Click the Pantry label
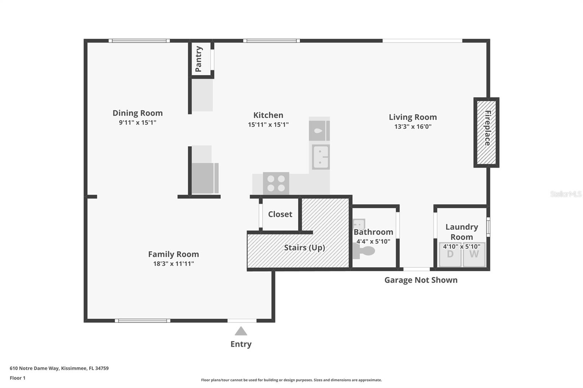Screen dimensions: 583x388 coord(199,59)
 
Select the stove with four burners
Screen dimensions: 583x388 coord(276,183)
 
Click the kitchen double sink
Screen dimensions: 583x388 coord(321,157)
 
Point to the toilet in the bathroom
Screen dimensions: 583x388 coord(364,251)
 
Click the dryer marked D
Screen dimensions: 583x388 coord(450,254)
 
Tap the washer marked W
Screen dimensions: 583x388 coord(474,254)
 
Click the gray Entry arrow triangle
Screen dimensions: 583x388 coord(241,331)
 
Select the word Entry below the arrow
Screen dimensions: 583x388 coord(241,344)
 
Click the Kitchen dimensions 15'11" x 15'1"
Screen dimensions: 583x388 coord(268,124)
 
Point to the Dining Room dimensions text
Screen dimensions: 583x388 coord(138,123)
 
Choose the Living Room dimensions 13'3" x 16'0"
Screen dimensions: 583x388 coord(413,127)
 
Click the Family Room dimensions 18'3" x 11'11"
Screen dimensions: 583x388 coord(173,264)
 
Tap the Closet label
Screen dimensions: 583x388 coord(280,214)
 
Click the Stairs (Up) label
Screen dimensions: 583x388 coord(305,248)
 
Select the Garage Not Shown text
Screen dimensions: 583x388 coord(421,280)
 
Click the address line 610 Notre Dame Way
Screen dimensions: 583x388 coord(59,368)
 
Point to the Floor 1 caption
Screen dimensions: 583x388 coord(18,378)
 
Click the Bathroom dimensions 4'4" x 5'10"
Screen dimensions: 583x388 coord(373,242)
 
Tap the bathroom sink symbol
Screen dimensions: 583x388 coord(359,224)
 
